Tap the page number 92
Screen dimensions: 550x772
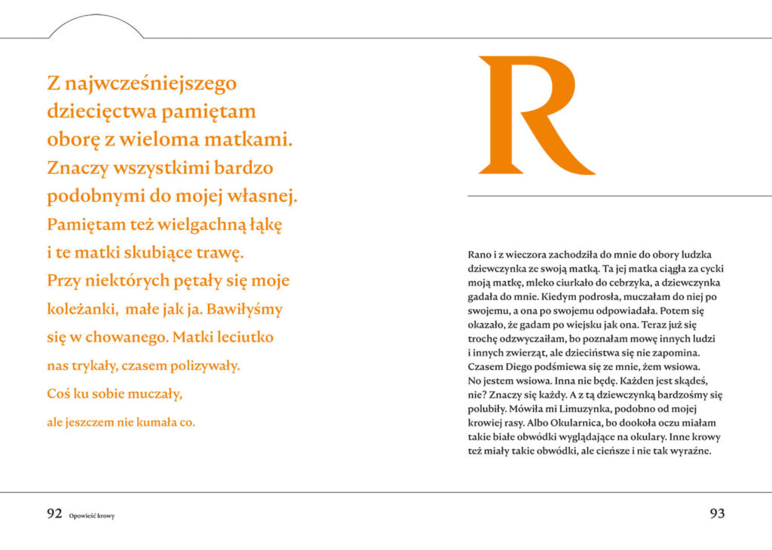coord(54,514)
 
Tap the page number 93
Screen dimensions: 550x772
coord(717,514)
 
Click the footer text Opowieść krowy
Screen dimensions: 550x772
coord(91,516)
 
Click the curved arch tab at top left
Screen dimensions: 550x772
coord(96,27)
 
